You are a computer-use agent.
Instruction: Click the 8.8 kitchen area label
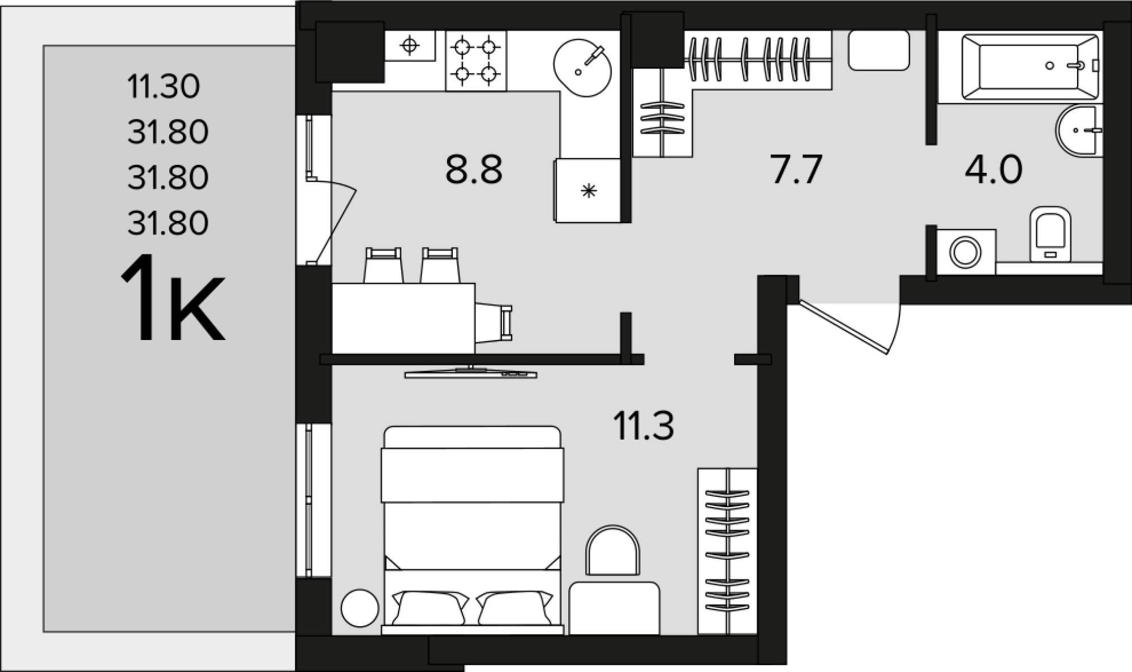click(x=474, y=169)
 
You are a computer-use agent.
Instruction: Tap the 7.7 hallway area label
click(x=796, y=169)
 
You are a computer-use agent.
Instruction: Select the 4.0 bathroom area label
click(x=993, y=169)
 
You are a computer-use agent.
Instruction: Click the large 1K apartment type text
click(x=172, y=299)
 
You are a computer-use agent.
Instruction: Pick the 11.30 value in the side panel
click(x=164, y=87)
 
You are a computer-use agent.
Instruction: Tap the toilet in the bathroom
click(x=1050, y=234)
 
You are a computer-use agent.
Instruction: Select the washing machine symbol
click(x=966, y=252)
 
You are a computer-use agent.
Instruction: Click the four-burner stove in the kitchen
click(x=476, y=61)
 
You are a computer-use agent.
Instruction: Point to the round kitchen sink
click(x=582, y=67)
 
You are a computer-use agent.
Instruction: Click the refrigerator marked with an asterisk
click(x=588, y=190)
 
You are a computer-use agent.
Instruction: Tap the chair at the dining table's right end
click(x=494, y=323)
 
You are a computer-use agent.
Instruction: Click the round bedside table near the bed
click(x=360, y=608)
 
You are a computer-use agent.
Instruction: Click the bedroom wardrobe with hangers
click(x=727, y=551)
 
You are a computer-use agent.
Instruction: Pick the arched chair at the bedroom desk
click(x=612, y=550)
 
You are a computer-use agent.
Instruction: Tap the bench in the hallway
click(x=878, y=50)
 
